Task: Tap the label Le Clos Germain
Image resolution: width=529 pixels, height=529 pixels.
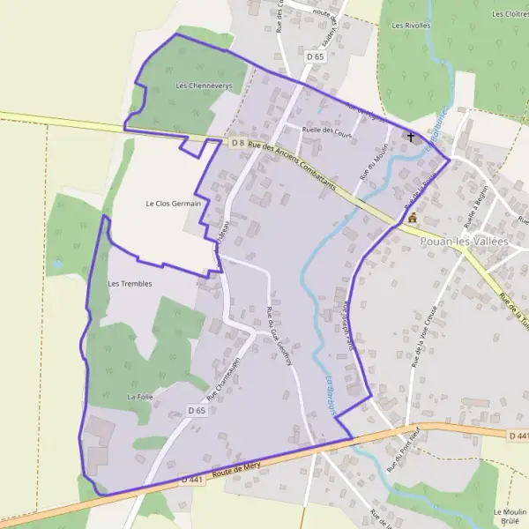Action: [x=173, y=204]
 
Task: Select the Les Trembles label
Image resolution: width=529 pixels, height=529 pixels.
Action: [x=130, y=284]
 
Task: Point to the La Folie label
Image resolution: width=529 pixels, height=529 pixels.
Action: [x=140, y=398]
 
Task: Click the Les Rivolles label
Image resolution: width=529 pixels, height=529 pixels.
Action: [x=411, y=26]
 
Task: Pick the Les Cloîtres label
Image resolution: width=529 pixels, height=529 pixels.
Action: [x=510, y=14]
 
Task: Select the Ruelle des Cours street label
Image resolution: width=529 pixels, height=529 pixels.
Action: [x=326, y=130]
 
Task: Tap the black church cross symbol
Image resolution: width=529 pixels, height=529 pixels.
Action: [x=411, y=138]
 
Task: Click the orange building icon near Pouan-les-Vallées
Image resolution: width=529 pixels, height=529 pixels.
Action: [x=412, y=217]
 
